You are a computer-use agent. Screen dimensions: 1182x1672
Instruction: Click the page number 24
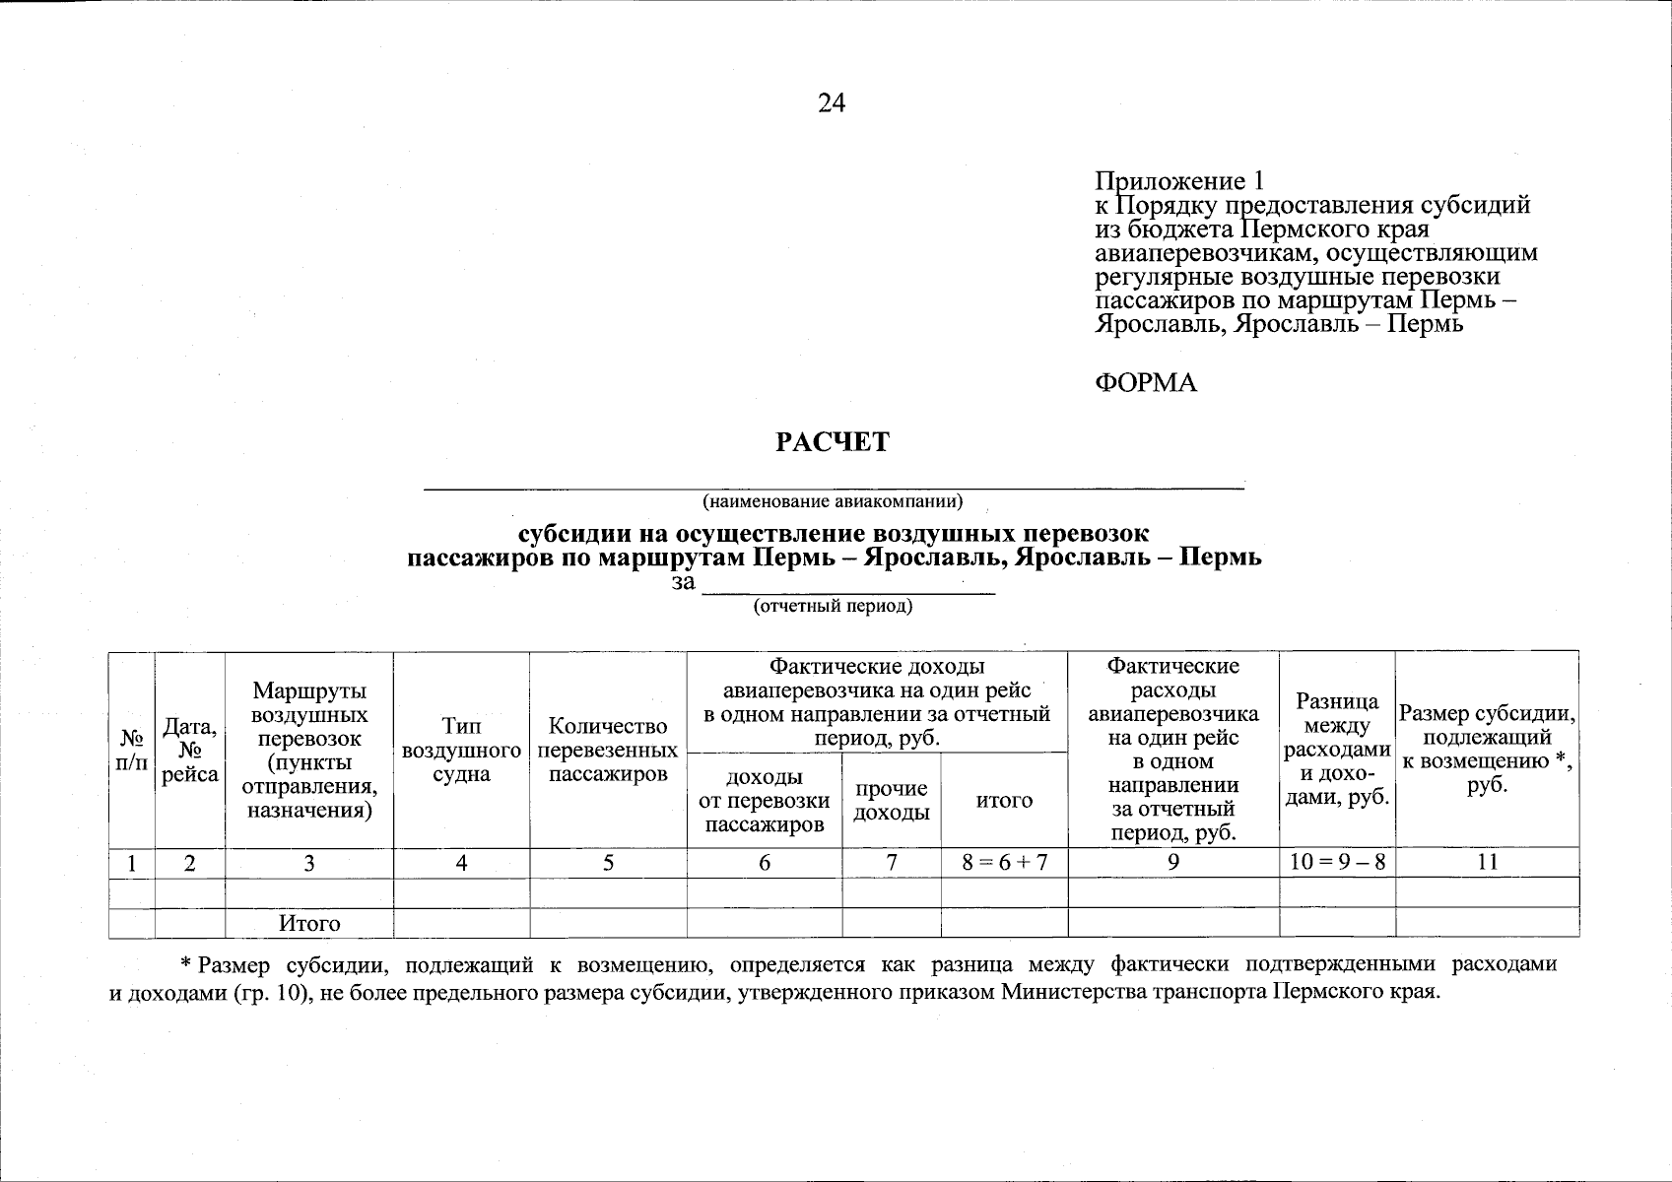tap(831, 103)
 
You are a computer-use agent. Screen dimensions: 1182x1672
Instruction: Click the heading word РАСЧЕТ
tap(832, 442)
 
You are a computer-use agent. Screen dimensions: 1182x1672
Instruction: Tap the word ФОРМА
tap(1146, 383)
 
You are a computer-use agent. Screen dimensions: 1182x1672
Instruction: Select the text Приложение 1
tap(1178, 181)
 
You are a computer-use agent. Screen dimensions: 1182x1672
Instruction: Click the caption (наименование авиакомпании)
tap(832, 502)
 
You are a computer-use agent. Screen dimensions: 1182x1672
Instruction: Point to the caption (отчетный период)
tap(833, 607)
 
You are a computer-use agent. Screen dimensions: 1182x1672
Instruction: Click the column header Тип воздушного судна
tap(461, 750)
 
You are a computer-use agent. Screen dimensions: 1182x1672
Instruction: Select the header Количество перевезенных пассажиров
tap(608, 750)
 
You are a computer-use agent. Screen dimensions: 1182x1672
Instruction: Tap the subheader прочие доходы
tap(891, 800)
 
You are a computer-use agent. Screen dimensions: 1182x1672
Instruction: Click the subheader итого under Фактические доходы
tap(1004, 800)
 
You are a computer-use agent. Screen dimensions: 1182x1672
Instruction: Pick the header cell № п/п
tap(132, 750)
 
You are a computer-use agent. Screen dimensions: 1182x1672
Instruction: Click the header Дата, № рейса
tap(190, 750)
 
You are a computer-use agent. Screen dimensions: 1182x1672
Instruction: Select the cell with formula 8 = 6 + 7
tap(1004, 863)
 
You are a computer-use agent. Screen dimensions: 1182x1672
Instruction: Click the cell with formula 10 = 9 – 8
tap(1336, 863)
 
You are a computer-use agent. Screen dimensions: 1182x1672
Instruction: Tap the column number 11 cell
tap(1487, 863)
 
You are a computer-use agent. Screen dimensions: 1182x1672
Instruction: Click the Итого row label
tap(309, 924)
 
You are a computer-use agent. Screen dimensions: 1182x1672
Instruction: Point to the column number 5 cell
tap(608, 863)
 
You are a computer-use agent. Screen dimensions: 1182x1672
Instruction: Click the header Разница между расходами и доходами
tap(1336, 750)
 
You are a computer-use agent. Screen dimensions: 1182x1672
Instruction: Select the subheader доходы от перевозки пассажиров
tap(765, 800)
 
